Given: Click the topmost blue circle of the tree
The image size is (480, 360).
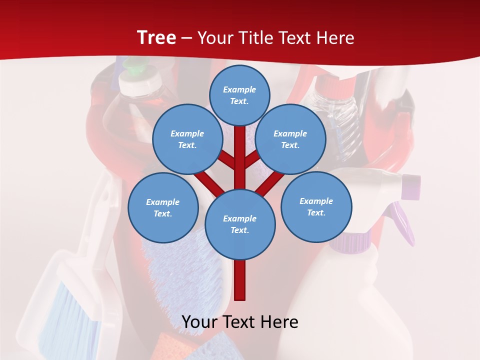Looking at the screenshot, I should pos(239,95).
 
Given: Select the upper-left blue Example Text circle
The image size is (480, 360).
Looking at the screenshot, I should pos(187,139).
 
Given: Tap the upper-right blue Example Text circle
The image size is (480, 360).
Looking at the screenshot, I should pos(290,139).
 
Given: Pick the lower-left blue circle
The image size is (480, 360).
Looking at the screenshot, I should pos(163,207).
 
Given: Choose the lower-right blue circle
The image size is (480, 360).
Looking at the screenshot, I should pos(316,206).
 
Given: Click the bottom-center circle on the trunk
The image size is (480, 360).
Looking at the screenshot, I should pos(240,224).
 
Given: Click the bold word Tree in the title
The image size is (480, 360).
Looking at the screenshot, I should pos(156,37).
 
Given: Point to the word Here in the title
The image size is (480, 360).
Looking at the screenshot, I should pos(335,37).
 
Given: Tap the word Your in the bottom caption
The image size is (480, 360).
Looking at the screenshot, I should pos(199,322).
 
